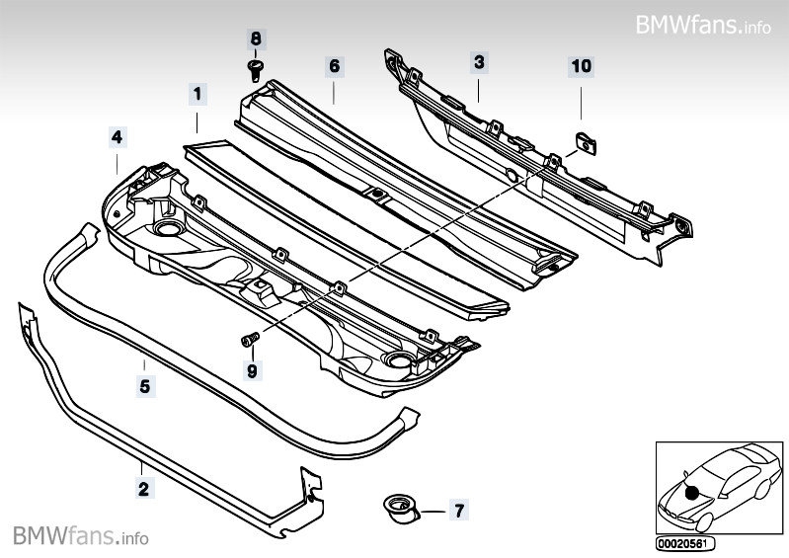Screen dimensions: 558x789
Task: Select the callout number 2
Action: point(143,488)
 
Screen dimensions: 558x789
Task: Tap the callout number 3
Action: point(478,63)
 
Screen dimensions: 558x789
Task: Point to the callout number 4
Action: point(117,137)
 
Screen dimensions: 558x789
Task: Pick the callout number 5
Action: point(144,386)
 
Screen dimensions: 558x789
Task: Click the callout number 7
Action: point(457,511)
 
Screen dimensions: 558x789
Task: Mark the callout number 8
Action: point(256,39)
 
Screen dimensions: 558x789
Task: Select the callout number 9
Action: point(251,370)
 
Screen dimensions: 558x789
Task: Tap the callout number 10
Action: point(581,66)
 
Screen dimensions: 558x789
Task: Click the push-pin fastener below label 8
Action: point(257,68)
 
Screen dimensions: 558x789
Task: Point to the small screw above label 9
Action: point(248,341)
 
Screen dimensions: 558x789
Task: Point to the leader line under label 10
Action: point(581,109)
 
